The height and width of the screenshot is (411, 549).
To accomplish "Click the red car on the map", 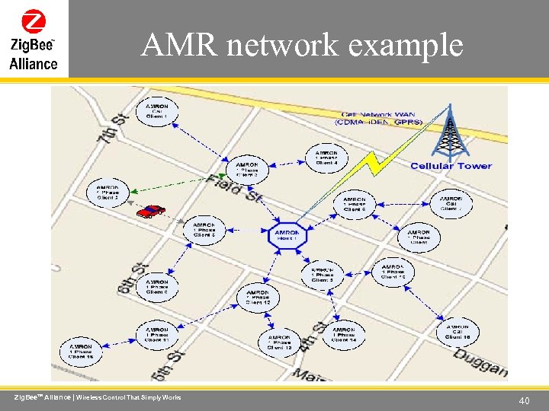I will point(151,211).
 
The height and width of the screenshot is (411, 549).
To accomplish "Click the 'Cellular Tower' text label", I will point(451,166).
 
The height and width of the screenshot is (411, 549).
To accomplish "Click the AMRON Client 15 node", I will point(81,350).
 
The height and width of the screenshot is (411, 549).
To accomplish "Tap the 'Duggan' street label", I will point(482,368).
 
